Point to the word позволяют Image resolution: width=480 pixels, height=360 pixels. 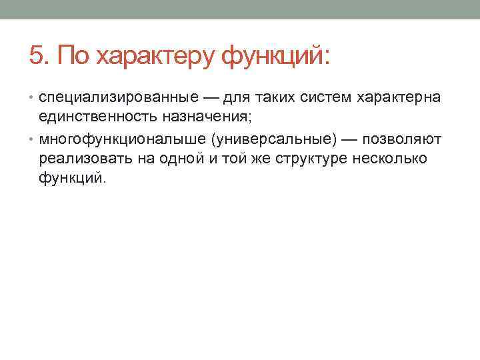coord(401,141)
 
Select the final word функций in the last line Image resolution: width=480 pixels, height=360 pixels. coord(71,179)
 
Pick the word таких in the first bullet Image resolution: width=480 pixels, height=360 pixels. coord(271,99)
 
